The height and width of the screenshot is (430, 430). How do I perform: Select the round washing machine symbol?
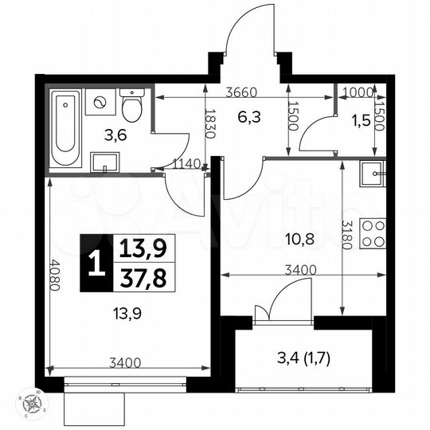tap(101, 103)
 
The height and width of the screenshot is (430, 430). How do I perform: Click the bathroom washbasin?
tap(104, 162)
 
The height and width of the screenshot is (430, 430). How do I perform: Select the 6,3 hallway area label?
tap(248, 118)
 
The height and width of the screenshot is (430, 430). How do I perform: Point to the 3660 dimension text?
tap(241, 92)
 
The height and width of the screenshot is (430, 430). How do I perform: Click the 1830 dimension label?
tap(210, 124)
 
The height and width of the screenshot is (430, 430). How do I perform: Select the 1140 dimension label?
tap(186, 163)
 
